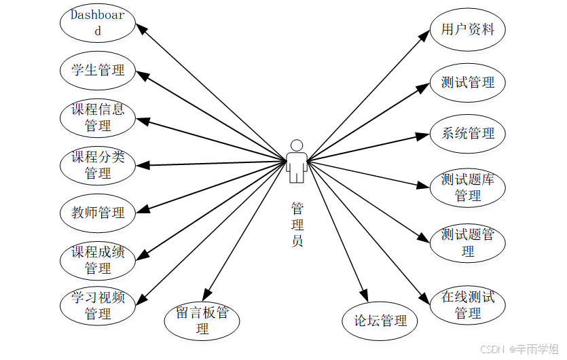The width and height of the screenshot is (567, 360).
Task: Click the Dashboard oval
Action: click(x=98, y=22)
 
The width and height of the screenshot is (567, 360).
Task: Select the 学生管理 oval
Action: click(x=98, y=69)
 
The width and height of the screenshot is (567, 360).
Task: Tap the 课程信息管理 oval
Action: click(x=98, y=118)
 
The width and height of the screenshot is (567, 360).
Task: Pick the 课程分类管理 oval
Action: click(x=98, y=165)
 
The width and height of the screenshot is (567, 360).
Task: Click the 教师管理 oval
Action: click(x=98, y=213)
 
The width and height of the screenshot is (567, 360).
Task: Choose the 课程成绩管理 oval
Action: click(x=98, y=260)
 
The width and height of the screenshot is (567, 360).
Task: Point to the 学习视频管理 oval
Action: click(x=98, y=306)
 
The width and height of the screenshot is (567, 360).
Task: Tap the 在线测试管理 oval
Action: click(x=468, y=305)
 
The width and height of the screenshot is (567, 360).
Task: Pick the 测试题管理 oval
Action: click(x=468, y=242)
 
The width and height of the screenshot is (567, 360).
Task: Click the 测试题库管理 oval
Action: click(x=468, y=187)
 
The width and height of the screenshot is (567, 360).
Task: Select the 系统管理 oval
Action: click(x=468, y=133)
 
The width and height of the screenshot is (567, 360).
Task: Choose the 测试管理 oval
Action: click(x=468, y=83)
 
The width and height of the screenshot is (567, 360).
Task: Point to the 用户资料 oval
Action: click(x=468, y=30)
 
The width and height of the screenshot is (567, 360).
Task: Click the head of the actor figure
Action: click(x=296, y=145)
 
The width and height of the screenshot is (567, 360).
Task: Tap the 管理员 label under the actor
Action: click(x=297, y=224)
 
